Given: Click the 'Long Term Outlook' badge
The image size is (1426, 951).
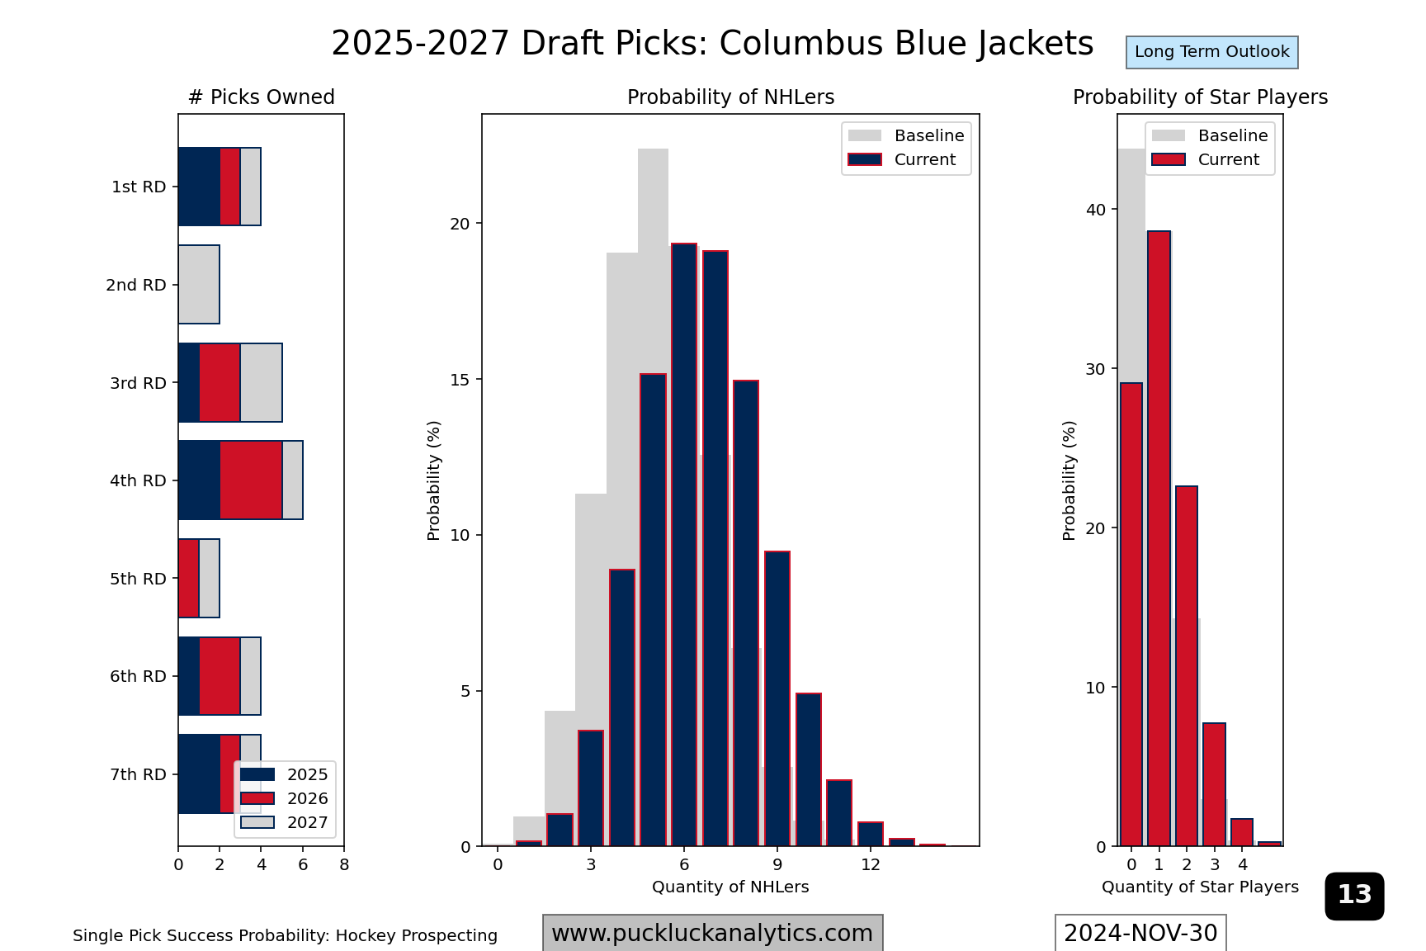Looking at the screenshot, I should [x=1211, y=52].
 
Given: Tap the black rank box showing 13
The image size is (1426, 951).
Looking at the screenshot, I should [x=1354, y=896].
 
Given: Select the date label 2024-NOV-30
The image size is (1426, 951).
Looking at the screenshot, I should [x=1140, y=933].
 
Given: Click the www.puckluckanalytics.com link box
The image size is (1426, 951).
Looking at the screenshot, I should [x=712, y=933].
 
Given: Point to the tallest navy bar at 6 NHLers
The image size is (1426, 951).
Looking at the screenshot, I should [x=684, y=545].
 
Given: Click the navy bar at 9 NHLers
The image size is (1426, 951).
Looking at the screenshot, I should [x=777, y=698].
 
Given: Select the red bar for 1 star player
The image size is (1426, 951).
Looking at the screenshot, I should [x=1159, y=538].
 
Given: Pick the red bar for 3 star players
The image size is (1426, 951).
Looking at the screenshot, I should [x=1214, y=784].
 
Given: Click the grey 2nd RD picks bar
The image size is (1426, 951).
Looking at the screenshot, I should [x=199, y=285].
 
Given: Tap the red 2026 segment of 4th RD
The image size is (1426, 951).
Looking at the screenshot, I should [x=251, y=480].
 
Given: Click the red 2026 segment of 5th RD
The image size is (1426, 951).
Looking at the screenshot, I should [x=189, y=578].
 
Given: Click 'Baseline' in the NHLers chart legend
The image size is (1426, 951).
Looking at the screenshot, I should [x=928, y=135].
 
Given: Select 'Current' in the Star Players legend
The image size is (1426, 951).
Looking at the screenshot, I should [x=1228, y=159].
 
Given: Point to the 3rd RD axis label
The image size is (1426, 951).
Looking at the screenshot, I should [x=138, y=383].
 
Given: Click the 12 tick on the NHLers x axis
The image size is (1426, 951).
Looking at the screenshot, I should [x=871, y=864].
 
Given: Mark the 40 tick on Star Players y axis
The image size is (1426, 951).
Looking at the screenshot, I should [x=1095, y=210].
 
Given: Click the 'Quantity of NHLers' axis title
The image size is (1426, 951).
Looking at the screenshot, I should [x=730, y=887].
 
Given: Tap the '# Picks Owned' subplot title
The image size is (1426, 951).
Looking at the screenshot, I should [x=261, y=97].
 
